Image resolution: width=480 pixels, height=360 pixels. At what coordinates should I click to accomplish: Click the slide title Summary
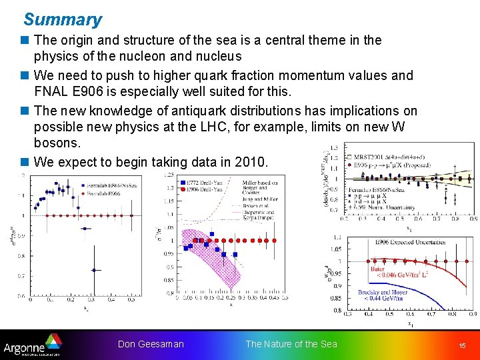tap(63, 20)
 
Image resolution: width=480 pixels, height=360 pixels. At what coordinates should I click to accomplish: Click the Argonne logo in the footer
tap(31, 346)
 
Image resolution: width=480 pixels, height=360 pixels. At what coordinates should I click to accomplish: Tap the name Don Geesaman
tap(151, 344)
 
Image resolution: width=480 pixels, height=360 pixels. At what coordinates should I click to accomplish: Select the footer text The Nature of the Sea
tap(291, 344)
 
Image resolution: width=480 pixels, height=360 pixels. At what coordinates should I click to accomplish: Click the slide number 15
tap(462, 345)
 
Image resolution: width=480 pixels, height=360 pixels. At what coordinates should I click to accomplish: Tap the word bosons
tap(57, 143)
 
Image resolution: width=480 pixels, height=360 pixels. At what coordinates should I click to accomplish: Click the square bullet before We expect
tap(26, 162)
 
